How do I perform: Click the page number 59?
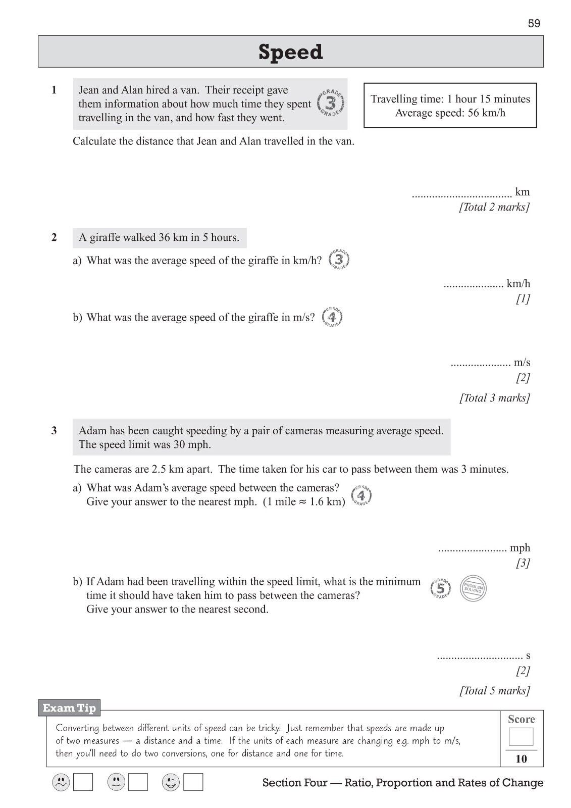pyautogui.click(x=534, y=23)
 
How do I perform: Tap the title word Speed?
pyautogui.click(x=290, y=52)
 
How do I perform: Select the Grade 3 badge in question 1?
pyautogui.click(x=331, y=104)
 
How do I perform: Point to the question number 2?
pyautogui.click(x=54, y=237)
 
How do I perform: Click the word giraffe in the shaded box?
pyautogui.click(x=109, y=237)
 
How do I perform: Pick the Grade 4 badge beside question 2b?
pyautogui.click(x=332, y=317)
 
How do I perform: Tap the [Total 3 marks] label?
pyautogui.click(x=494, y=398)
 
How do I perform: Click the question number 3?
pyautogui.click(x=54, y=431)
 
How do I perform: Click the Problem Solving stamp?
pyautogui.click(x=473, y=588)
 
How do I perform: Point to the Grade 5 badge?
pyautogui.click(x=441, y=588)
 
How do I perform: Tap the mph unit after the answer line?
pyautogui.click(x=520, y=548)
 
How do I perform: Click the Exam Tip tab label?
pyautogui.click(x=69, y=708)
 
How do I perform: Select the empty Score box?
pyautogui.click(x=521, y=737)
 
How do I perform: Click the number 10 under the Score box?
pyautogui.click(x=521, y=759)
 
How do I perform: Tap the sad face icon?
pyautogui.click(x=61, y=782)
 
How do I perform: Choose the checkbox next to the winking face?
pyautogui.click(x=193, y=782)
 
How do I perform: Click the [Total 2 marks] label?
pyautogui.click(x=494, y=207)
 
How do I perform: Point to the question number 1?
pyautogui.click(x=54, y=90)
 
